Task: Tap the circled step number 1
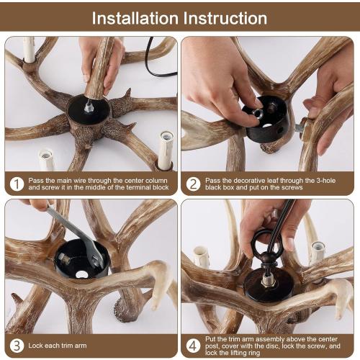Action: point(16,183)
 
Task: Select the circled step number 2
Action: point(193,183)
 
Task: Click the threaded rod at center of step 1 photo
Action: point(89,107)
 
